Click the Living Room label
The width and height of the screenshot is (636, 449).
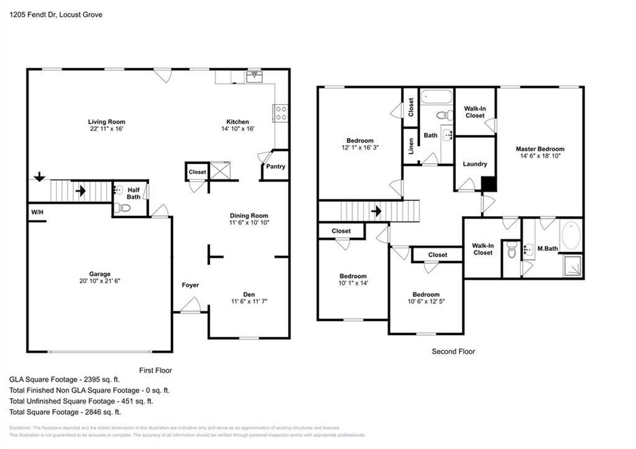click(x=107, y=122)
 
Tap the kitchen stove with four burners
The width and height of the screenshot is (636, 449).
click(x=280, y=112)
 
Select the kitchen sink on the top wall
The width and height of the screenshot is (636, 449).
click(x=254, y=77)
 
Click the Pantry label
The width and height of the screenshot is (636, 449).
click(x=276, y=166)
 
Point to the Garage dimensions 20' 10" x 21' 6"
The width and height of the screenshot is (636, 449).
click(x=99, y=281)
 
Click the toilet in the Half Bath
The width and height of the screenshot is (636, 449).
click(x=121, y=207)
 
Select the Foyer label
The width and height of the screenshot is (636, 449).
click(x=190, y=285)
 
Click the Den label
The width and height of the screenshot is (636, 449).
click(x=248, y=294)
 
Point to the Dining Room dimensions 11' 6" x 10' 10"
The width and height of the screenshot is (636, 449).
click(x=248, y=222)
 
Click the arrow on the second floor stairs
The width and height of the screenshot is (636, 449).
click(x=376, y=211)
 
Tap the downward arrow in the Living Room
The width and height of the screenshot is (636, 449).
click(x=39, y=177)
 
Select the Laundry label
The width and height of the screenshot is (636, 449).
click(x=475, y=164)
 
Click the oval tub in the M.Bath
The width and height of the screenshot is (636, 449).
click(x=570, y=236)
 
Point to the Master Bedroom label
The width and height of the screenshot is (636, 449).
click(x=540, y=149)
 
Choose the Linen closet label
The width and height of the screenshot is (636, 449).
click(x=411, y=146)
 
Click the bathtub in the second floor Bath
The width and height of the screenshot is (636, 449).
click(x=437, y=98)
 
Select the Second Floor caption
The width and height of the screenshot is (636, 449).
click(x=453, y=351)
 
